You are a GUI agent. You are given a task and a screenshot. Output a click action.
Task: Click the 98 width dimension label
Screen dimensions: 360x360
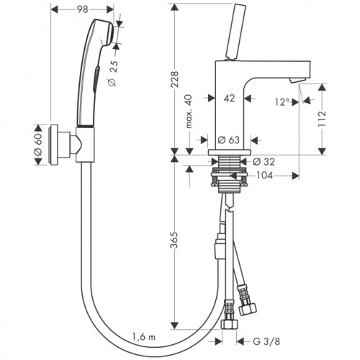coord(83,9)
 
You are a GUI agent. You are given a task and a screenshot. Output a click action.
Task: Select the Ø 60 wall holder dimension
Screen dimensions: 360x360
coord(38,145)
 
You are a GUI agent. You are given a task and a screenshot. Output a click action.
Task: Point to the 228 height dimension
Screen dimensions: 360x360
coord(175,79)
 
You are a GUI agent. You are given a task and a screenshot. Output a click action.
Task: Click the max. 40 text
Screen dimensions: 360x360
coord(189,112)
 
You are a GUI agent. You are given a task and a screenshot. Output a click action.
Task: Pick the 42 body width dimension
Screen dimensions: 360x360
coord(229,98)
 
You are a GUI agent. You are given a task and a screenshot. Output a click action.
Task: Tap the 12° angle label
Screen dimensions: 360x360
coord(281,102)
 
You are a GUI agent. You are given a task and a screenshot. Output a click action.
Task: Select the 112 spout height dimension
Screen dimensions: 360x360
coord(322,119)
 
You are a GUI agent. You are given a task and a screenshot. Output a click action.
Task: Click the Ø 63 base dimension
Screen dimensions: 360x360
coord(229,140)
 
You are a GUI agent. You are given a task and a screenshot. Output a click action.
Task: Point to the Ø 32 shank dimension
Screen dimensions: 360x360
coord(264,162)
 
